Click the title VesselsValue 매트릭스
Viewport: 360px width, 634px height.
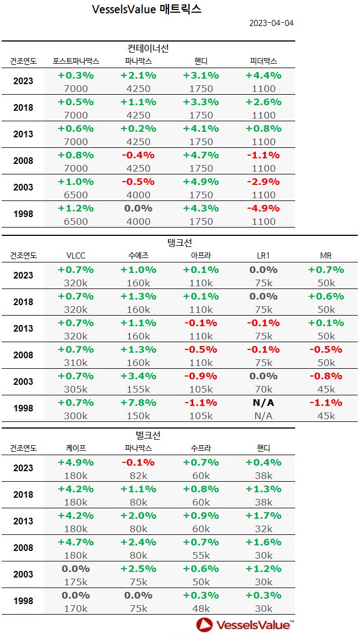[x=147, y=9]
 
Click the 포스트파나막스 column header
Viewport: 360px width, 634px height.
[x=76, y=61]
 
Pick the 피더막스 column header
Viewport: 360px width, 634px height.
[x=263, y=61]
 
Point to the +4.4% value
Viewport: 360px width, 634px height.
[x=263, y=75]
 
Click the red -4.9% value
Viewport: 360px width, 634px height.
[x=263, y=208]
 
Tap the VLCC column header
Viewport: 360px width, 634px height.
[x=76, y=256]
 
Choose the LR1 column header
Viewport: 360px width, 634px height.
[x=263, y=256]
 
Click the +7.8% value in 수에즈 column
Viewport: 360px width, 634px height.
[x=138, y=403]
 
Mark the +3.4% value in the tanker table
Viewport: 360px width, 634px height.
[x=138, y=376]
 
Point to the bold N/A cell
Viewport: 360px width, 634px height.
[x=263, y=403]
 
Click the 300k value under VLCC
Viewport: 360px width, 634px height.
[x=76, y=416]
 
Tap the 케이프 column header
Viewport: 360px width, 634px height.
[x=76, y=449]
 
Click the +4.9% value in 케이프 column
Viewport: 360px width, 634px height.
[x=76, y=462]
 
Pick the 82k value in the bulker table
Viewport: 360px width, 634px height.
[x=138, y=476]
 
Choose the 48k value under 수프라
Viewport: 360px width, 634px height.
[x=200, y=609]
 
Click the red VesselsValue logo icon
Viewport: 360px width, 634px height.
[x=205, y=625]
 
